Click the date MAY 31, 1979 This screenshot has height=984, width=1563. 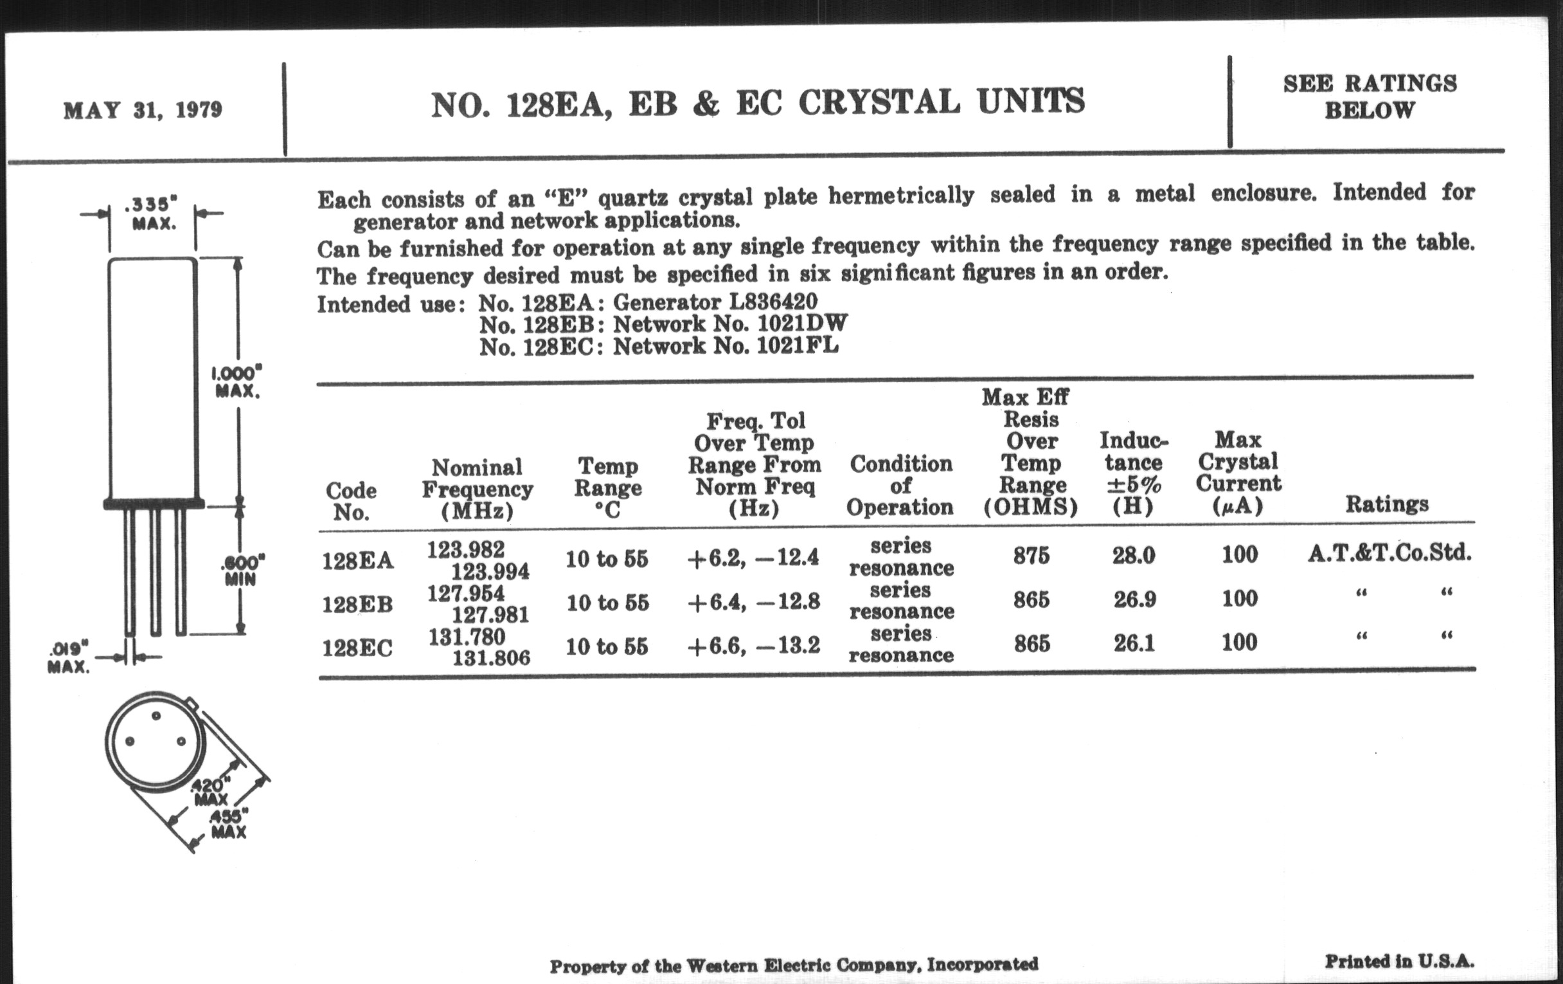pyautogui.click(x=143, y=110)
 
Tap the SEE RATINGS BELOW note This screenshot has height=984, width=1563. pyautogui.click(x=1370, y=96)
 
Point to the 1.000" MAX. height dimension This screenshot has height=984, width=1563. pyautogui.click(x=237, y=383)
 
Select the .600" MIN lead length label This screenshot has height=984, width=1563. pyautogui.click(x=242, y=570)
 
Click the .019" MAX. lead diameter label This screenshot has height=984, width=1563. pyautogui.click(x=68, y=657)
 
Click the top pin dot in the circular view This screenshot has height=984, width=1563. pyautogui.click(x=156, y=716)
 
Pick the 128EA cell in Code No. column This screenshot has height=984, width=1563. pyautogui.click(x=357, y=561)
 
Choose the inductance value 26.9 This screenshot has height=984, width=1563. pyautogui.click(x=1134, y=599)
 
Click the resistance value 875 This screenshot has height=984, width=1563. pyautogui.click(x=1032, y=556)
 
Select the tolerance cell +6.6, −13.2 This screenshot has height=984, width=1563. pyautogui.click(x=754, y=645)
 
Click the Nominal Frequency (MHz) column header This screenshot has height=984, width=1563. pyautogui.click(x=477, y=489)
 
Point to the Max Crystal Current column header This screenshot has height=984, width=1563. pyautogui.click(x=1238, y=472)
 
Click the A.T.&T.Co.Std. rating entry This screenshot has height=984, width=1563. pyautogui.click(x=1389, y=553)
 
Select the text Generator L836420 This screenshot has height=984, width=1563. pyautogui.click(x=715, y=302)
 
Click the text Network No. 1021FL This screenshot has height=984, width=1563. pyautogui.click(x=726, y=346)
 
